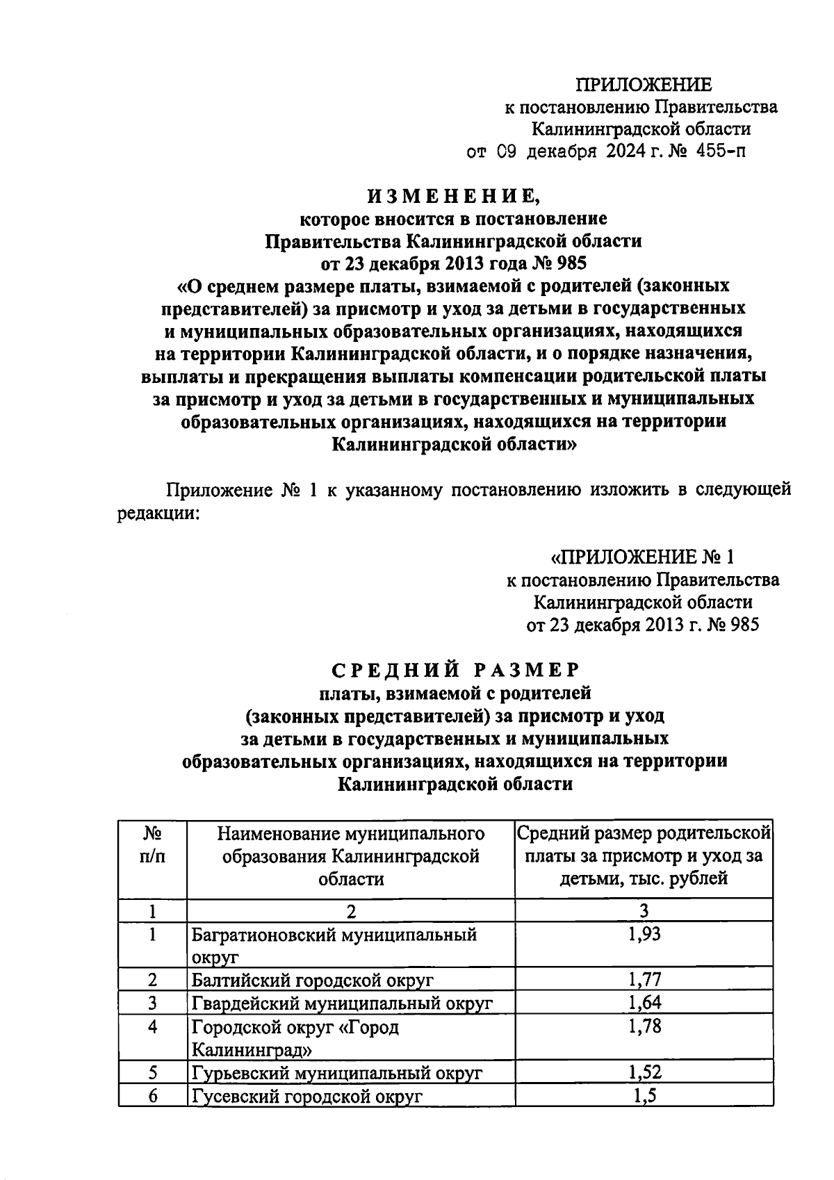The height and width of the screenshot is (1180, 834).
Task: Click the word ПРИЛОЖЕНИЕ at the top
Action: click(x=643, y=85)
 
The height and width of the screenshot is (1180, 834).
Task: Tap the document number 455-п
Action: click(x=719, y=151)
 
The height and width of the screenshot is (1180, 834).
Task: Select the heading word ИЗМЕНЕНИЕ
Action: click(x=453, y=197)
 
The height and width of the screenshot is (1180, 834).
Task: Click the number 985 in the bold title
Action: click(x=571, y=263)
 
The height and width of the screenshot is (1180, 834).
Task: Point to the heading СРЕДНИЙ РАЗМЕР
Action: click(x=455, y=670)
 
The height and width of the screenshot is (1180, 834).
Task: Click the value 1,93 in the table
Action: click(x=644, y=934)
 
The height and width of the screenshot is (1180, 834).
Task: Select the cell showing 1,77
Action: click(x=644, y=980)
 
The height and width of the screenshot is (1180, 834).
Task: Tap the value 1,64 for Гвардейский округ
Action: click(x=644, y=1002)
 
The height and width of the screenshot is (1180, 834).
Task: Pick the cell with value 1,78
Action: click(x=644, y=1026)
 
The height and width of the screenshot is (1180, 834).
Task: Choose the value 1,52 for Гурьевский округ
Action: click(x=644, y=1072)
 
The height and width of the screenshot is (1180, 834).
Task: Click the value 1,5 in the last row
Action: click(x=644, y=1095)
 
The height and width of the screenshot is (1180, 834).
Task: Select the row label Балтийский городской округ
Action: click(x=313, y=981)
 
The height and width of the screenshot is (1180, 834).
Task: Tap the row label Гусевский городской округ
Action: click(x=306, y=1096)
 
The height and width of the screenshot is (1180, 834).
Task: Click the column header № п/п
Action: click(x=152, y=844)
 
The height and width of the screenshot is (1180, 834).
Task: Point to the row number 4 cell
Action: click(x=152, y=1026)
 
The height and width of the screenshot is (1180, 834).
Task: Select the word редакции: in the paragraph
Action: click(x=157, y=514)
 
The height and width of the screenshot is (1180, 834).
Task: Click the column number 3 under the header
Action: click(x=644, y=910)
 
